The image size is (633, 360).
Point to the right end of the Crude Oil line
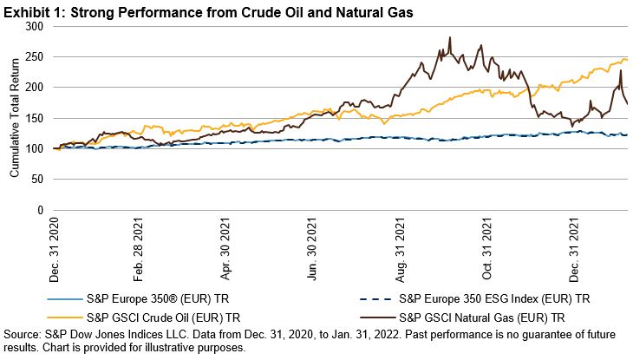[627, 60]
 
